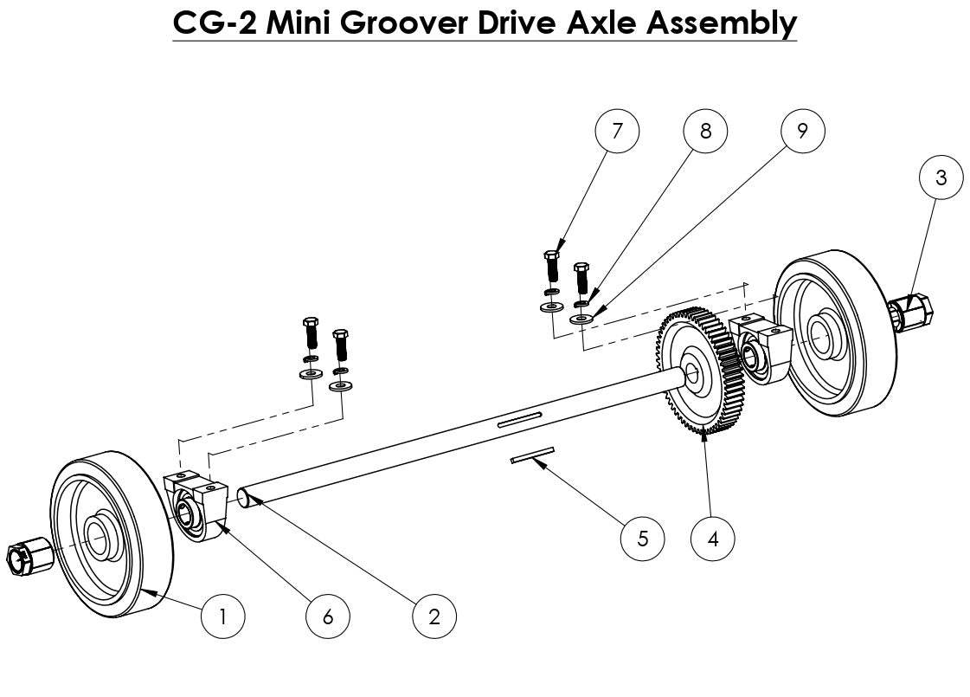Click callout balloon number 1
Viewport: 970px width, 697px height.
(222, 616)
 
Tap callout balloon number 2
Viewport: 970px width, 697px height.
(434, 616)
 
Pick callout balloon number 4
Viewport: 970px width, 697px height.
(713, 538)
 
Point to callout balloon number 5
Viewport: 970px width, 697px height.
(643, 538)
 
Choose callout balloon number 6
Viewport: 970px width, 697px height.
(328, 616)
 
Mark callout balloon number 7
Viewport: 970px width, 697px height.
(617, 132)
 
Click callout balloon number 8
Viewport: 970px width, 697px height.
(705, 132)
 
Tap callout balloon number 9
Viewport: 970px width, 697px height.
(802, 132)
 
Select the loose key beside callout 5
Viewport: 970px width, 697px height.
(530, 455)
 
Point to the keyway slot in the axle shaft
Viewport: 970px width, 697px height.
(519, 421)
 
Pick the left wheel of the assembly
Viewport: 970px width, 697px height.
(108, 532)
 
